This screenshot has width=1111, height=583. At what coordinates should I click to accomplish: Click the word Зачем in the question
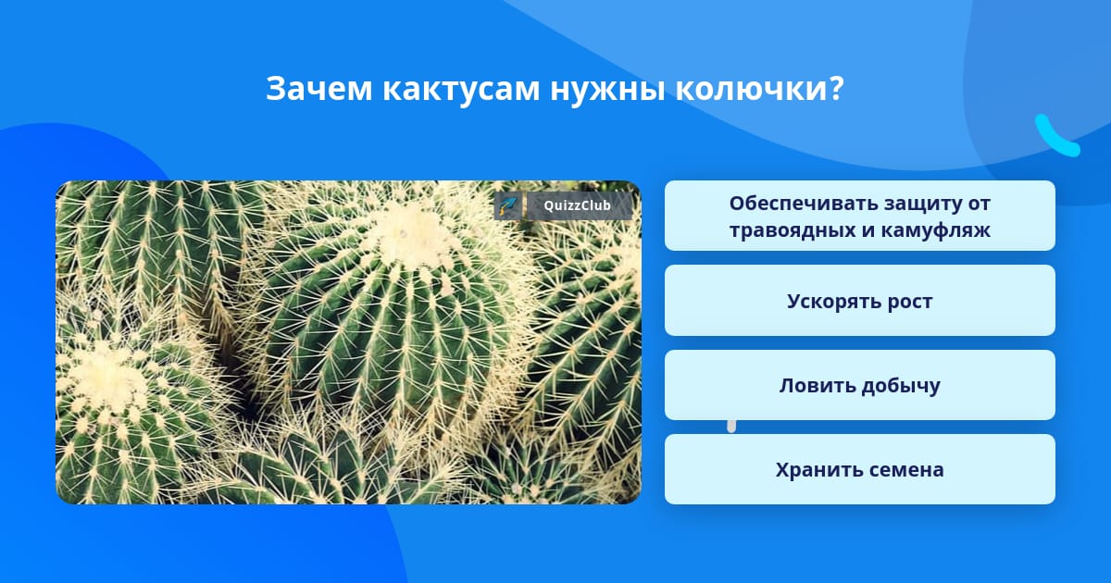tap(318, 89)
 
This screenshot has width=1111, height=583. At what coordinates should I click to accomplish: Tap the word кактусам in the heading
tap(461, 89)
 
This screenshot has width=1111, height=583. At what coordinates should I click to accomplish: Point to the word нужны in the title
tap(607, 90)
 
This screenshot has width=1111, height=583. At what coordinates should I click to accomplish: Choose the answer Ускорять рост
tap(859, 301)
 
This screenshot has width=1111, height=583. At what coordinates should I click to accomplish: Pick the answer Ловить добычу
tap(859, 385)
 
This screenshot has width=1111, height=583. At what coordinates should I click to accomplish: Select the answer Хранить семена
tap(859, 469)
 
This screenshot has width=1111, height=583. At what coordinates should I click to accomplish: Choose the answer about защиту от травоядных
tap(859, 216)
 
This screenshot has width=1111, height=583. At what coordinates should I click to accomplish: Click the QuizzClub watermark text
tap(577, 205)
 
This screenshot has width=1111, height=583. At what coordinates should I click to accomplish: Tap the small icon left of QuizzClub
tap(508, 205)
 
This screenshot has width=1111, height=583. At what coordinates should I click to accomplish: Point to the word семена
tap(905, 470)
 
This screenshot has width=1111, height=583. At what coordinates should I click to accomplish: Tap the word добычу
tap(900, 386)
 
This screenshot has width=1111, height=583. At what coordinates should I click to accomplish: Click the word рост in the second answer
tap(909, 302)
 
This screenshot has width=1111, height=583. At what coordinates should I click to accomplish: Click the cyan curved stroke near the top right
tap(1056, 136)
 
